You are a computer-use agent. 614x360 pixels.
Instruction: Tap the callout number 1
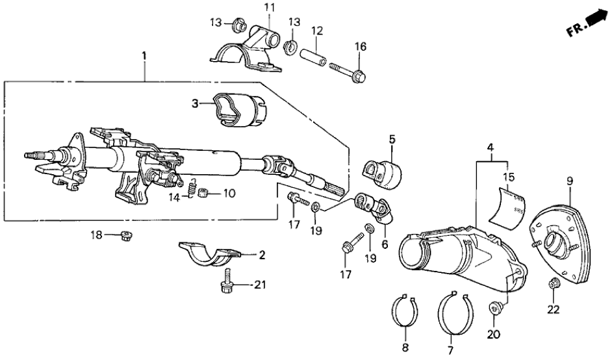tap(144, 58)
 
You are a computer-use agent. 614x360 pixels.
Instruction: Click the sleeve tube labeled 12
tap(314, 54)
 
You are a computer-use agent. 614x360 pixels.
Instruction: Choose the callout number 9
tap(570, 181)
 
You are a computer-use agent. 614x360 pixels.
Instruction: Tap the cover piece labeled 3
tap(235, 109)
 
